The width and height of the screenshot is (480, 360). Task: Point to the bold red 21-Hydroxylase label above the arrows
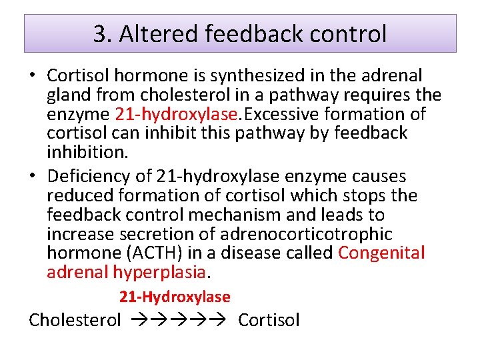coord(175,297)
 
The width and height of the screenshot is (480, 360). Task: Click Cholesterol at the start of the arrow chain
coord(75,320)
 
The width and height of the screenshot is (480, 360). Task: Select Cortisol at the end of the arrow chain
coord(269,320)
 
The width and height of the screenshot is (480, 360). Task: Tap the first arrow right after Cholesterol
coord(135,320)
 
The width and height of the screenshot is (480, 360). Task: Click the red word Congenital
coord(381,253)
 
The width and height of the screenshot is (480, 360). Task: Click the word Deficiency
coord(85,177)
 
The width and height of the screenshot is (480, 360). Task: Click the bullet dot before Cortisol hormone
coord(33,76)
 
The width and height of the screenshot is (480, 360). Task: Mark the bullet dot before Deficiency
coord(33,177)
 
